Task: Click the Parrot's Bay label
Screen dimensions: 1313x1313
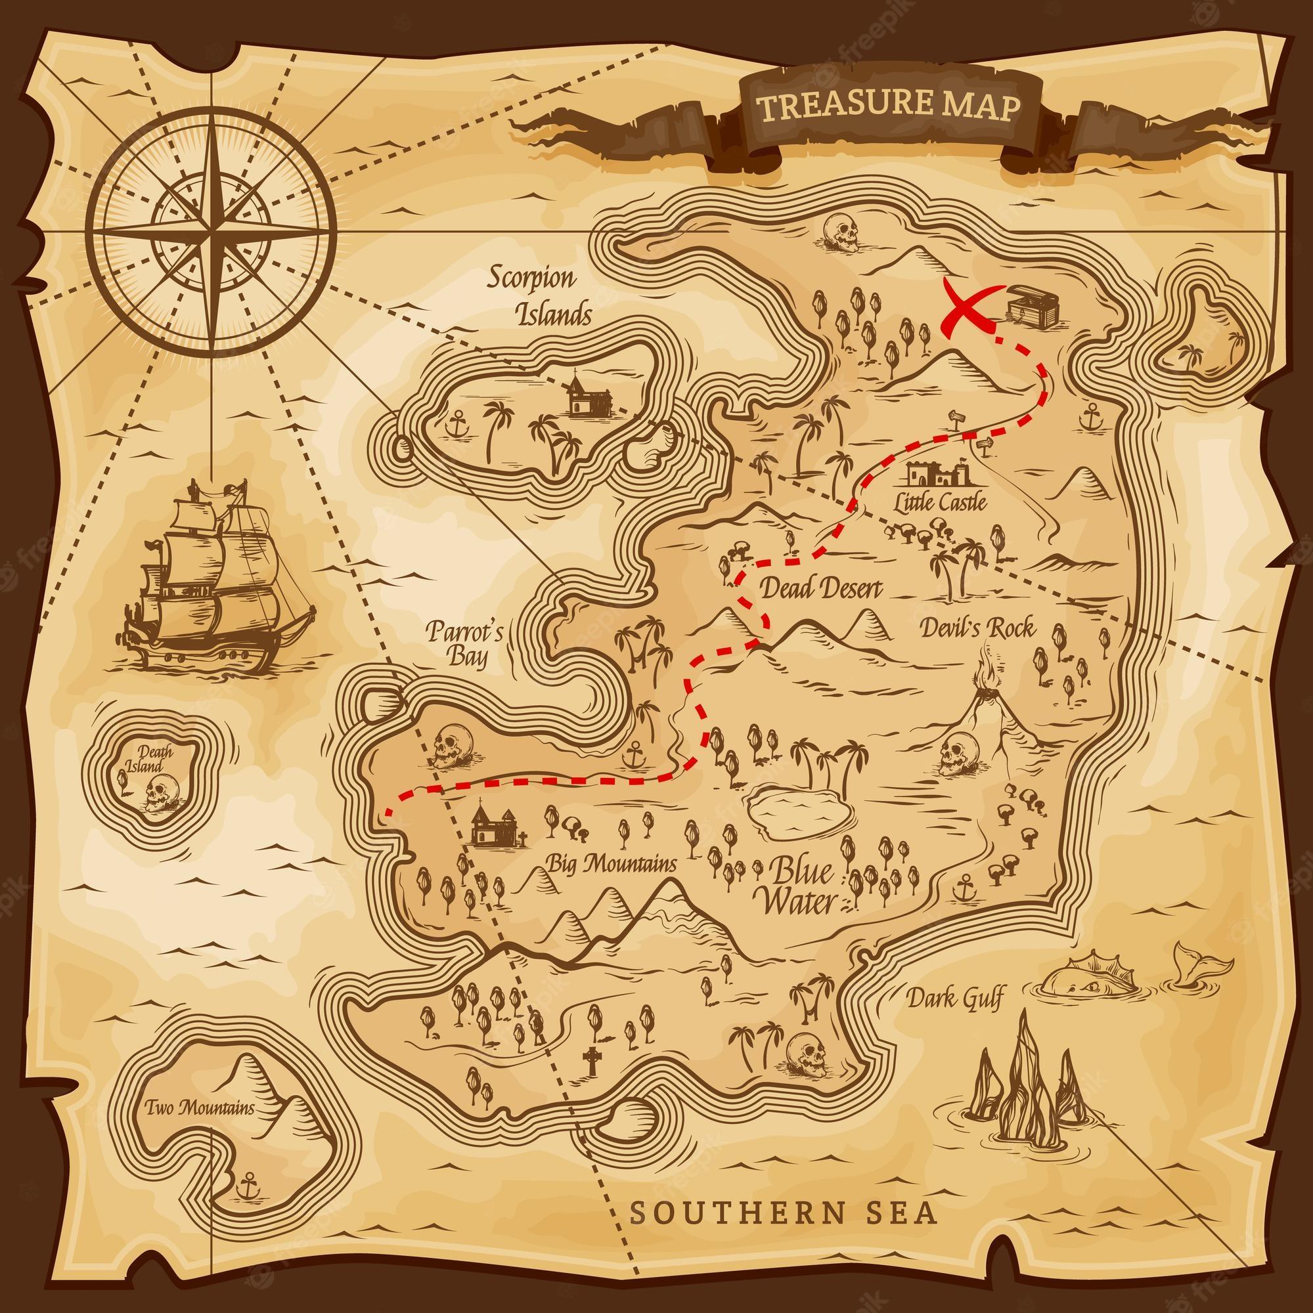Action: coord(464,643)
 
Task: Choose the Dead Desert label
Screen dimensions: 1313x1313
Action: coord(820,587)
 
